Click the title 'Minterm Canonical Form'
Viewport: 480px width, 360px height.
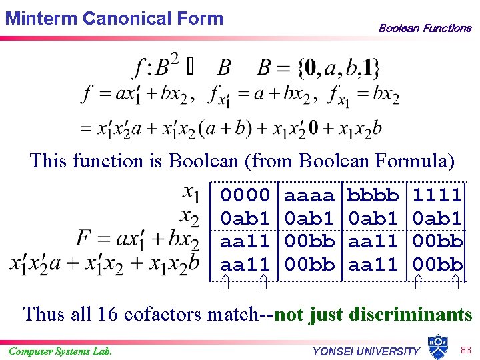click(x=114, y=18)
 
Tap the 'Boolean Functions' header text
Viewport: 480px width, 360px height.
click(x=425, y=28)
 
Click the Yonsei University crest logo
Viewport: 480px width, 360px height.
click(x=437, y=346)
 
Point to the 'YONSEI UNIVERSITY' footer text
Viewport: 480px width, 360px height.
click(x=366, y=351)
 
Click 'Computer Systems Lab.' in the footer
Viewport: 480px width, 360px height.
click(x=60, y=351)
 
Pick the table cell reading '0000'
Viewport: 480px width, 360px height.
click(x=245, y=195)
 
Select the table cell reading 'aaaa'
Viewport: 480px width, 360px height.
click(x=309, y=195)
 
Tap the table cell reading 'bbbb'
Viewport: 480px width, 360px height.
click(x=373, y=195)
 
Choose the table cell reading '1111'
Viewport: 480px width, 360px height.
click(x=437, y=195)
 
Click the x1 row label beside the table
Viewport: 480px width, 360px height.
click(x=191, y=194)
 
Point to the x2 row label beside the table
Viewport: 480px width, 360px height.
click(x=191, y=216)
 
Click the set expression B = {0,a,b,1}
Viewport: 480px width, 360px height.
click(x=319, y=67)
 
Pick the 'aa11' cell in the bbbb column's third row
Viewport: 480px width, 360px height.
click(x=373, y=241)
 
